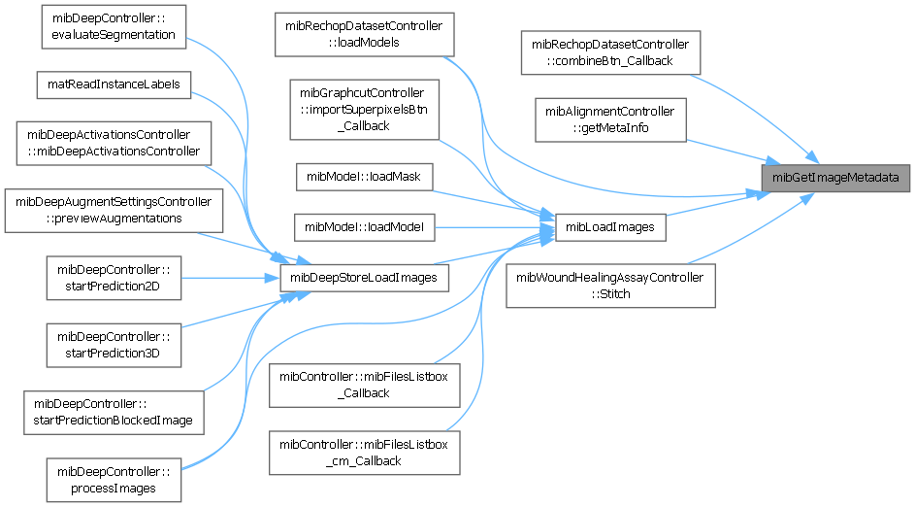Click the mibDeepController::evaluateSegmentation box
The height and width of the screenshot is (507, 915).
tap(113, 26)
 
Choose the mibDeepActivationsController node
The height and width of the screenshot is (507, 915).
tap(113, 143)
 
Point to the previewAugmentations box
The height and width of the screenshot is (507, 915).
tap(113, 211)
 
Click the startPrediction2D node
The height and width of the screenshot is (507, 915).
tap(113, 278)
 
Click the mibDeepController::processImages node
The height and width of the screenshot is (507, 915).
tap(113, 479)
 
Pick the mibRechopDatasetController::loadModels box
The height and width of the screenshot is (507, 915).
tap(364, 35)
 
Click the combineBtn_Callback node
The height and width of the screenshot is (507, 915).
tap(609, 52)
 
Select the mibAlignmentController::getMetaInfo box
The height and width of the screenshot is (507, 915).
tap(609, 118)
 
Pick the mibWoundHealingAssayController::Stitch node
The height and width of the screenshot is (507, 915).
tap(609, 286)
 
